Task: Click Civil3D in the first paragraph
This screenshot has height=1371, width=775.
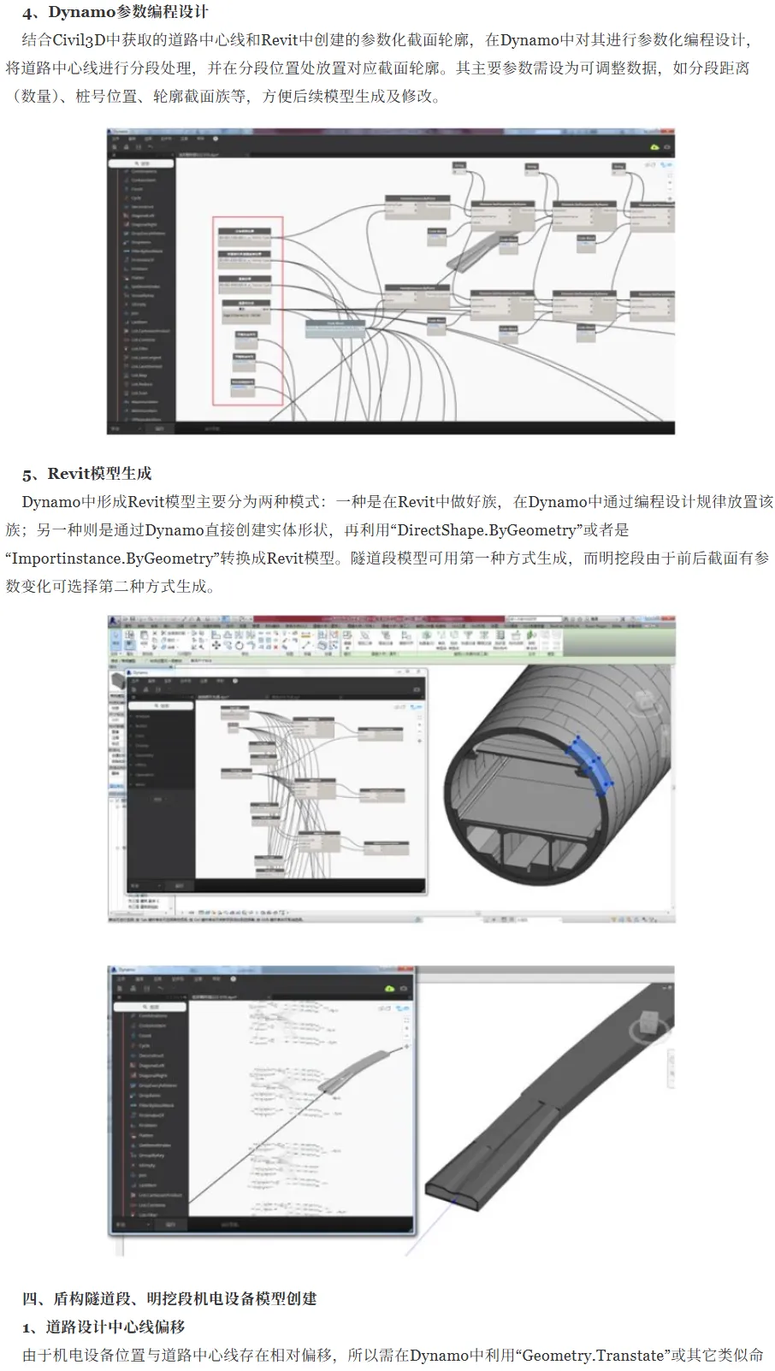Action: (79, 39)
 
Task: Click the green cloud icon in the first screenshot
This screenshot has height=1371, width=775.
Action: (654, 147)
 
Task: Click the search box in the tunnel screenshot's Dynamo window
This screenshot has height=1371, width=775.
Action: (162, 706)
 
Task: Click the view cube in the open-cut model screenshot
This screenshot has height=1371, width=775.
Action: (648, 1025)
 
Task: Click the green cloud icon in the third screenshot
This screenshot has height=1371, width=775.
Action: (390, 988)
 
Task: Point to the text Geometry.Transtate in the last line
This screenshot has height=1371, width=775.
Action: (592, 1355)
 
